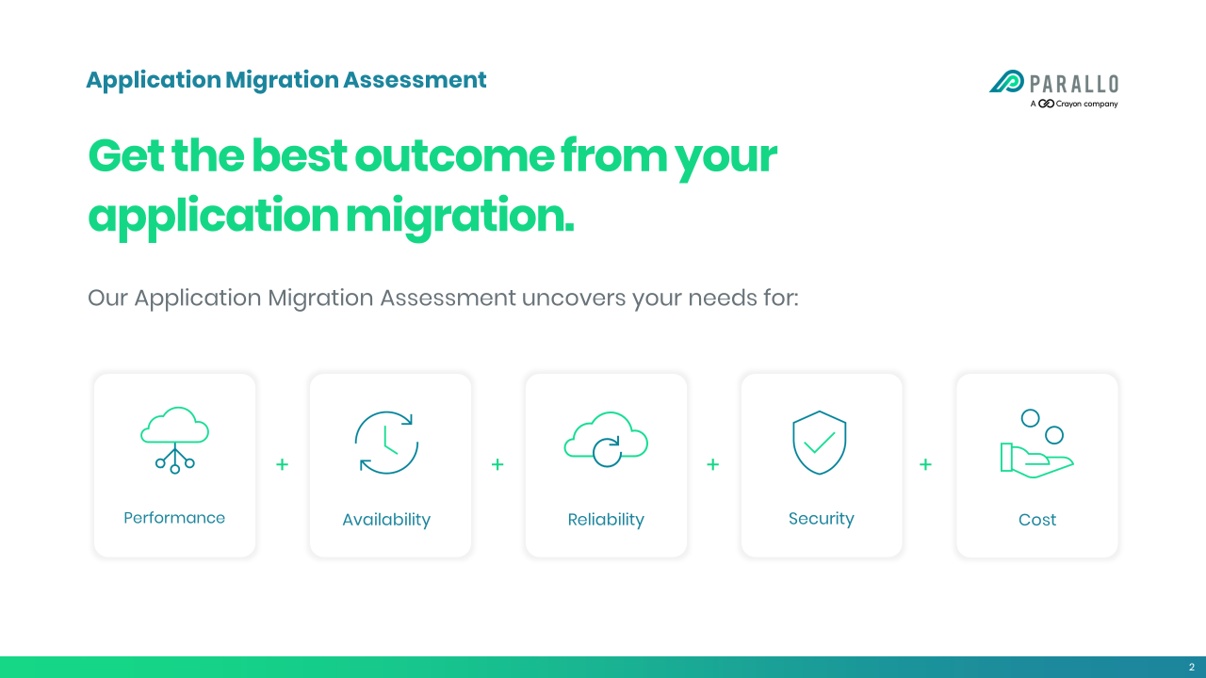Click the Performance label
(174, 518)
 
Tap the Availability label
(386, 520)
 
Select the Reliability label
(606, 520)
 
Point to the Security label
(821, 519)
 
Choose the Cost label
(1037, 520)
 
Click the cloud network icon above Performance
(174, 440)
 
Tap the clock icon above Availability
(386, 443)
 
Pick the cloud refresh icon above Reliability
(606, 440)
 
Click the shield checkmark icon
(820, 443)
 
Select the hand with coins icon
(1036, 444)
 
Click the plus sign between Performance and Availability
(282, 464)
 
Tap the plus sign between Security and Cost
(925, 464)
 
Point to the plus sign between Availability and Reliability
(497, 464)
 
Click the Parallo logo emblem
(1006, 81)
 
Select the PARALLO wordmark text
(1074, 84)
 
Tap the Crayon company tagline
(1074, 104)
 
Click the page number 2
(1192, 668)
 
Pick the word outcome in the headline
(454, 156)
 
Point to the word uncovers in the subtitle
(574, 298)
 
